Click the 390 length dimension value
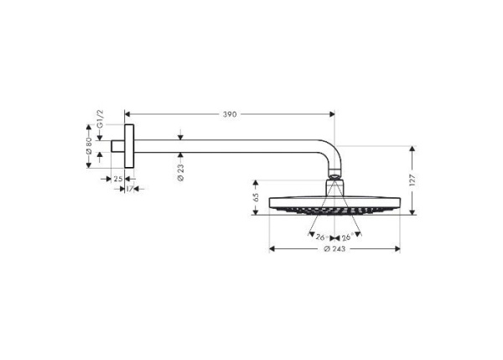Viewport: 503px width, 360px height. point(229,113)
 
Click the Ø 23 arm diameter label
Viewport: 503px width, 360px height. point(181,172)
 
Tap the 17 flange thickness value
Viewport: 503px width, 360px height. point(131,189)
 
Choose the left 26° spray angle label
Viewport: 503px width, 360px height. point(320,237)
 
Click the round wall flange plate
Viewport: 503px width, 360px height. point(128,147)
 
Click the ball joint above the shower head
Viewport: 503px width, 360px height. point(334,177)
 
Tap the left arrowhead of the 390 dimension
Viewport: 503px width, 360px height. point(127,113)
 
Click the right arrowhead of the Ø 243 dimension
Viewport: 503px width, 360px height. point(399,248)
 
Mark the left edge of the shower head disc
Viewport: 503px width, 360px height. point(270,206)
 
